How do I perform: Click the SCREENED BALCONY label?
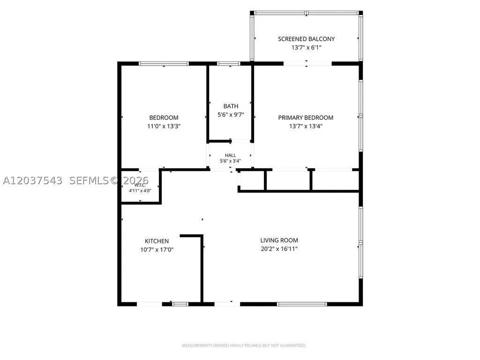point(306,39)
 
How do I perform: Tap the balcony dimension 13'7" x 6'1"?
point(306,47)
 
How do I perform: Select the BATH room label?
point(231,106)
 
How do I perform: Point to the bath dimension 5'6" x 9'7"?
point(231,115)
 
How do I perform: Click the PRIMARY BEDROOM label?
point(306,118)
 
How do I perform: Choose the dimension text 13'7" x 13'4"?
point(306,126)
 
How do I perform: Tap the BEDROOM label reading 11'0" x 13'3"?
point(164,118)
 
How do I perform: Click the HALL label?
point(230,155)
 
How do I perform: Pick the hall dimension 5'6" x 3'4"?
point(230,161)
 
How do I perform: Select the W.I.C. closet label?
point(140,185)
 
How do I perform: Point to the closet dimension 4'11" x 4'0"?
point(140,191)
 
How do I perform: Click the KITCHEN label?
point(157,241)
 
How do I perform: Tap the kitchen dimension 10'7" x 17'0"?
point(157,250)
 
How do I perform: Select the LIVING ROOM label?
point(279,240)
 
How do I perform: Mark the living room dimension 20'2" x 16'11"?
point(279,249)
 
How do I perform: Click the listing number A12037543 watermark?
point(32,180)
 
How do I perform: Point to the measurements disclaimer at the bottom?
point(244,345)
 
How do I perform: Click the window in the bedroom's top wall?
point(164,64)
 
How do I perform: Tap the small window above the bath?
point(229,64)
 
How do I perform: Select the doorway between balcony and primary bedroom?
point(307,64)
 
